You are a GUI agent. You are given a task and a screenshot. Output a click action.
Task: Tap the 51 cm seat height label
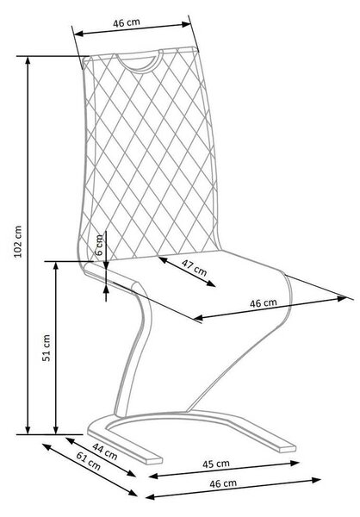(x=47, y=348)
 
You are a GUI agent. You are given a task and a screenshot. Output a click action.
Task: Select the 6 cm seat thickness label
(x=99, y=245)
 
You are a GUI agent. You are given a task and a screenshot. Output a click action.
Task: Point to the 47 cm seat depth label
(x=194, y=267)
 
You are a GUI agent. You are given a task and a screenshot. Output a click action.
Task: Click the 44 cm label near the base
(x=105, y=452)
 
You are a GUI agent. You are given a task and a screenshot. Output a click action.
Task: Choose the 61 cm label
(x=89, y=461)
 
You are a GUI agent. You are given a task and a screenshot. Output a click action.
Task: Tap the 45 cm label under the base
(x=216, y=464)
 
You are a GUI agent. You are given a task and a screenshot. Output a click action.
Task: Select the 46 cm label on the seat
(x=263, y=302)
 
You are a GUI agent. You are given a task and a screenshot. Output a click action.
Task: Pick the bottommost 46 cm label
(x=223, y=483)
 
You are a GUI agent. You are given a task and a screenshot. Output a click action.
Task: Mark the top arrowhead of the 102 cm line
(x=28, y=59)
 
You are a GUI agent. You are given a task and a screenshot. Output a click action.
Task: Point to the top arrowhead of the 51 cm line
(x=56, y=265)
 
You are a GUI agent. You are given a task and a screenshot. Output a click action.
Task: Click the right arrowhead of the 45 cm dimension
(x=295, y=463)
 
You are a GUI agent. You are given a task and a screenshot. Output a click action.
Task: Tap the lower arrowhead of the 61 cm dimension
(x=133, y=493)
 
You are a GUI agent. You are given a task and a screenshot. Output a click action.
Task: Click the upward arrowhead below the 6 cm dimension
(x=106, y=290)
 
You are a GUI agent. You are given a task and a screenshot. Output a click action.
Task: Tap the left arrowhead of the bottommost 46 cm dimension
(x=150, y=497)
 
